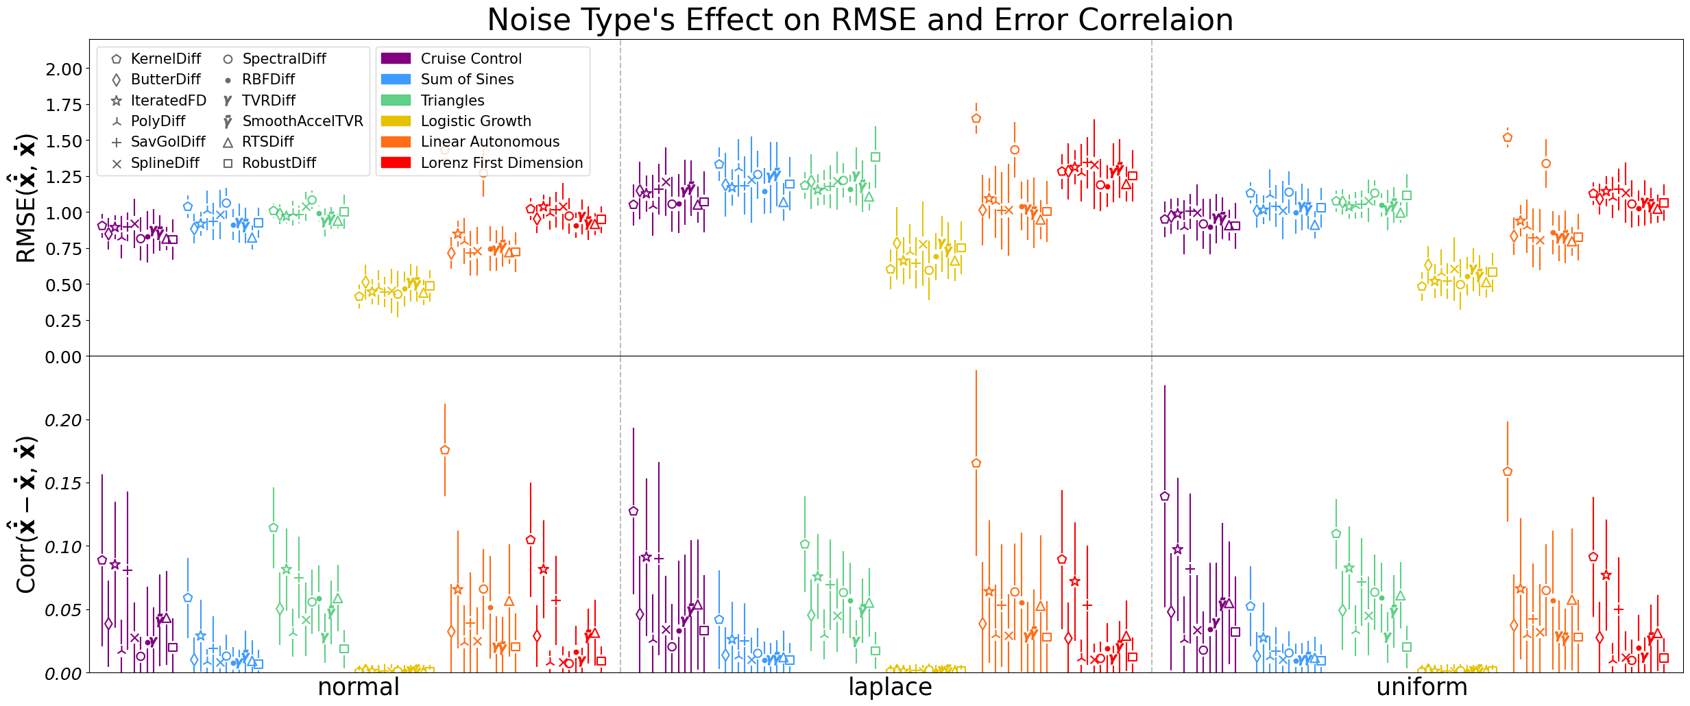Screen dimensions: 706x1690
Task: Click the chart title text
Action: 860,19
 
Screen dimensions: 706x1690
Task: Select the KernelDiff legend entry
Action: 165,59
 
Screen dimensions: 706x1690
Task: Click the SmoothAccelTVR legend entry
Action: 302,121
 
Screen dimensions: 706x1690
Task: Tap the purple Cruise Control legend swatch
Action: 396,59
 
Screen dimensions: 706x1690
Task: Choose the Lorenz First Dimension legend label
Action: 501,163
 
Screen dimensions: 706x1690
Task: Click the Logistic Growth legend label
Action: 476,121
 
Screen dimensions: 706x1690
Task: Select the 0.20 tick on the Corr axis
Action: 63,420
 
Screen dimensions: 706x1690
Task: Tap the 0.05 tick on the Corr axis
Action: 63,610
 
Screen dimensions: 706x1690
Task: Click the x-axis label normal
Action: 359,687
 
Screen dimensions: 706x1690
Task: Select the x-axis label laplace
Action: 890,687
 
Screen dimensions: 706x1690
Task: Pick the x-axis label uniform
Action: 1422,687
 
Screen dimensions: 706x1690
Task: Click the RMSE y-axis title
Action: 25,198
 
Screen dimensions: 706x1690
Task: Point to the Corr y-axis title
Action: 25,515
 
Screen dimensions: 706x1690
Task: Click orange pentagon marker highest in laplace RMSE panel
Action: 976,119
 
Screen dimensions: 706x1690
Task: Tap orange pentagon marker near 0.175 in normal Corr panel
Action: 445,450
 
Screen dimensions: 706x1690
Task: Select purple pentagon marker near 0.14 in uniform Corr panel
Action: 1165,496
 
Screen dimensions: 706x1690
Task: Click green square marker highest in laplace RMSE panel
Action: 876,157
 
